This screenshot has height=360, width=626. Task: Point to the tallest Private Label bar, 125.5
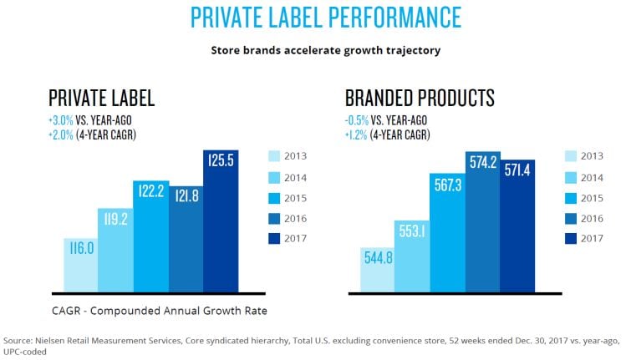click(x=220, y=221)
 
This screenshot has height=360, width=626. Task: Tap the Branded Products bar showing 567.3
click(x=447, y=233)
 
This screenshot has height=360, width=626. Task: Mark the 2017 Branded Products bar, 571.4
click(x=517, y=226)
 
